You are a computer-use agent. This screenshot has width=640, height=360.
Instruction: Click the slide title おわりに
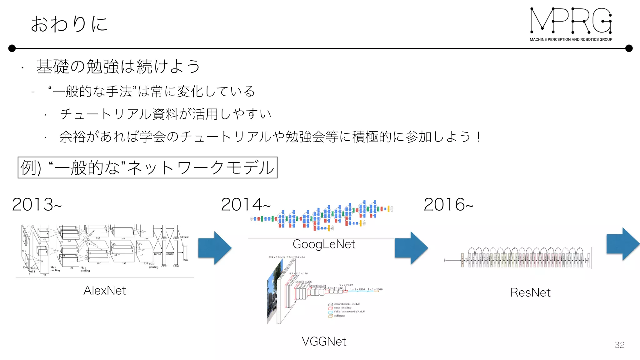[69, 24]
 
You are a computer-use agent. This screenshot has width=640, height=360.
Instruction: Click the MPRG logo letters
[571, 21]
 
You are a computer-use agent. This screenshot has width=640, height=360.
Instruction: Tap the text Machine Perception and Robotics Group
[571, 39]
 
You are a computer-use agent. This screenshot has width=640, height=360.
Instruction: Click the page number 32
[619, 345]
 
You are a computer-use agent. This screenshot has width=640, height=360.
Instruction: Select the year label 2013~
[37, 205]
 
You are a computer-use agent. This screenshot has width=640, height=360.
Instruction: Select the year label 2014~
[246, 205]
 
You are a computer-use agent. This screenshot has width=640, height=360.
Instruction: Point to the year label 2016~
[448, 205]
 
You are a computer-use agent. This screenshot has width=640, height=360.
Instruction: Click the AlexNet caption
[105, 291]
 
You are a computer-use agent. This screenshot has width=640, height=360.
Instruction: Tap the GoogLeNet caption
[324, 244]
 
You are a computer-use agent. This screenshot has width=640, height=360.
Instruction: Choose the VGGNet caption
[324, 341]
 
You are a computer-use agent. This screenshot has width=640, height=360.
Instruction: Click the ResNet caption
[530, 292]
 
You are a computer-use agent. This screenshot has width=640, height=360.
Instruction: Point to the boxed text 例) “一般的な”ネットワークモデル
[147, 168]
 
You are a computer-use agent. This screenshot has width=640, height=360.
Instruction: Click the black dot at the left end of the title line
[12, 48]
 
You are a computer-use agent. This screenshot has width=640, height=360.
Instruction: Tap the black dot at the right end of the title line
[629, 48]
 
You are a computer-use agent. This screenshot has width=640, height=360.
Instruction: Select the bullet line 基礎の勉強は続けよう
[118, 66]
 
